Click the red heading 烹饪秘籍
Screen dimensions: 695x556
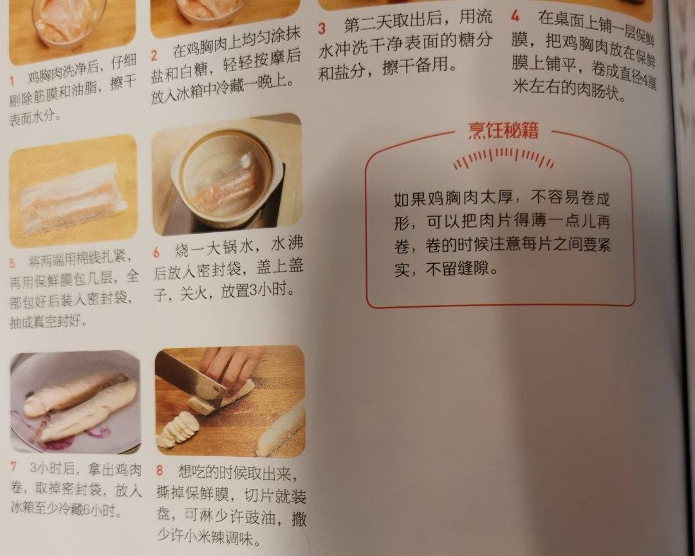[503, 131]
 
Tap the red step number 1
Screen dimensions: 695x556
[12, 81]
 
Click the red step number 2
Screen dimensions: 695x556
[154, 55]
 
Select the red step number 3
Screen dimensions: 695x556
[322, 28]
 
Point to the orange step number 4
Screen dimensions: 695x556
[515, 16]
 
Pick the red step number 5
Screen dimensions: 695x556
[12, 263]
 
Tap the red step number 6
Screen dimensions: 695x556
[157, 252]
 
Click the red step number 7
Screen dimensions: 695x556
[14, 467]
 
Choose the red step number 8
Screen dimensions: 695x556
[160, 470]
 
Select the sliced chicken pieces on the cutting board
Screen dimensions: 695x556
[178, 428]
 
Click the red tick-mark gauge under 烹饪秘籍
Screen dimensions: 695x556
[503, 159]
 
